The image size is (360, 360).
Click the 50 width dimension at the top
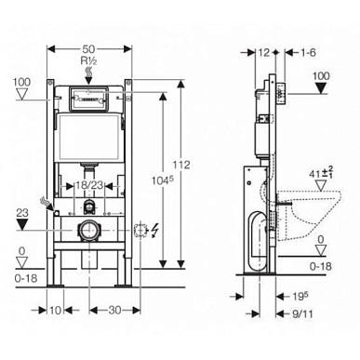pos(88,49)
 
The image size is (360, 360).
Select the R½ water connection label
pos(88,60)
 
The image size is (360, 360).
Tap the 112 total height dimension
pos(181,165)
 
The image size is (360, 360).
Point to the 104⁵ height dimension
pos(162,180)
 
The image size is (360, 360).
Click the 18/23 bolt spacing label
pos(89,185)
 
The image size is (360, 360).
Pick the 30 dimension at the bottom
pos(114,310)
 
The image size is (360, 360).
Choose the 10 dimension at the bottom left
pos(55,310)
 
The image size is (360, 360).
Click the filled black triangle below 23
pos(22,224)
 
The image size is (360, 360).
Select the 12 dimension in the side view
pos(264,53)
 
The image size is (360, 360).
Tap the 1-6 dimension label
pos(308,53)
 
